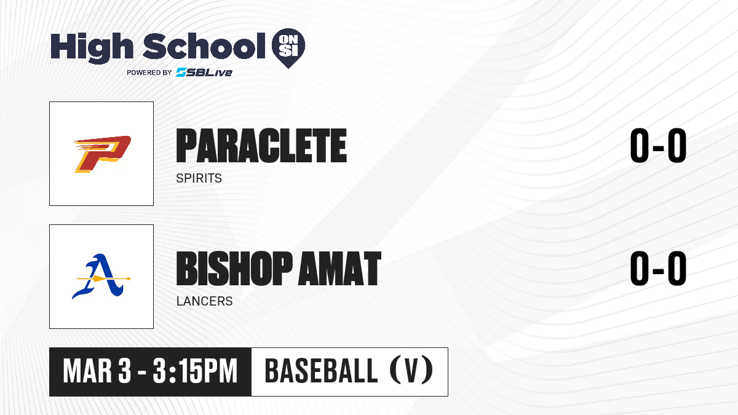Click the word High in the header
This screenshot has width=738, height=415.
(92, 47)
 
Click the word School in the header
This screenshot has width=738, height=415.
(204, 46)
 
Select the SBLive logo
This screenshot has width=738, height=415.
(204, 72)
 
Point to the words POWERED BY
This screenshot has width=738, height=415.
(149, 73)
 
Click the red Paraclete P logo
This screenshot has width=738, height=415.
(103, 154)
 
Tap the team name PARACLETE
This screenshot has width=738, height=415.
(261, 146)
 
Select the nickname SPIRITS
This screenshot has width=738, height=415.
(199, 178)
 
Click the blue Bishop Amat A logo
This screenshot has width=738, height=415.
(101, 276)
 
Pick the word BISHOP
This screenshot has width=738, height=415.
(234, 269)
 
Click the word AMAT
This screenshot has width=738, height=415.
(339, 269)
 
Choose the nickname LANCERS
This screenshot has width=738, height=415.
(205, 301)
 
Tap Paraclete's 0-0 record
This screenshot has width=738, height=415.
(658, 146)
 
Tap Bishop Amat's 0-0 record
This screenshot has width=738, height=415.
(658, 269)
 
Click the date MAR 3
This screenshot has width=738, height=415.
(97, 371)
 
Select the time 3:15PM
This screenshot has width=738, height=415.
(195, 371)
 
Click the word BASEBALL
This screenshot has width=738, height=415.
(321, 371)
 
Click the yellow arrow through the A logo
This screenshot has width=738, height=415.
(104, 279)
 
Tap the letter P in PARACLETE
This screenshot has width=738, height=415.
(187, 146)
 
